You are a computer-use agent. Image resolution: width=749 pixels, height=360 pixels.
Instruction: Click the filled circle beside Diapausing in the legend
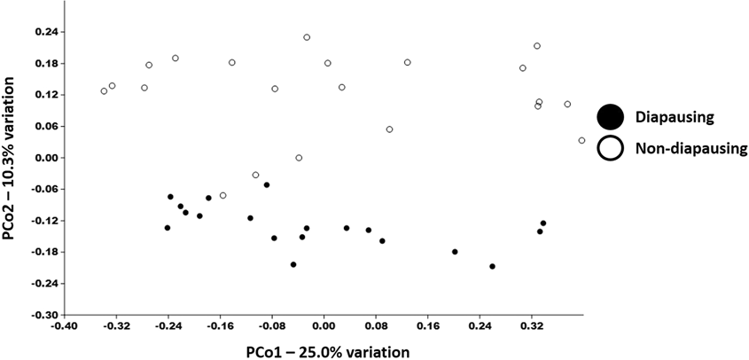pos(610,117)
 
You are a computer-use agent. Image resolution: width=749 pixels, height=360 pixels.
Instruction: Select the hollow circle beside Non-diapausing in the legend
pos(610,148)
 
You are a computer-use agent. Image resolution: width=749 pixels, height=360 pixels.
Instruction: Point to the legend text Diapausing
pos(676,117)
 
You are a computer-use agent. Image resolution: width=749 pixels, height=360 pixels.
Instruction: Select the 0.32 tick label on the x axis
pos(532,326)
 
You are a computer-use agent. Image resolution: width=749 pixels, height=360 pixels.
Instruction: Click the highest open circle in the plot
pos(307,37)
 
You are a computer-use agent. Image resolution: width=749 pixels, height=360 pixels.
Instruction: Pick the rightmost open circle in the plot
pos(581,140)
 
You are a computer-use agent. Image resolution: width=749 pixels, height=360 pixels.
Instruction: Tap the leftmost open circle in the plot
pos(104,90)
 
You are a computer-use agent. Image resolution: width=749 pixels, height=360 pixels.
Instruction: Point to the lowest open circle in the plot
pos(222,195)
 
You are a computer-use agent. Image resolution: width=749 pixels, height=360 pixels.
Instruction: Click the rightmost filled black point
pos(543,223)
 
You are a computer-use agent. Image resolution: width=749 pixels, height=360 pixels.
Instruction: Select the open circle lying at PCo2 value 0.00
pos(299,158)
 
